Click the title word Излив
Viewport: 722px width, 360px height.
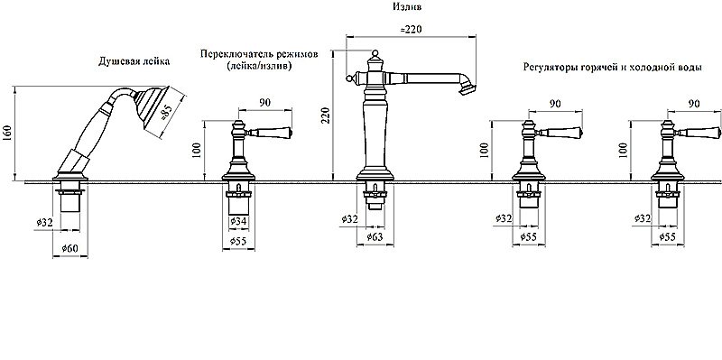[x=407, y=6]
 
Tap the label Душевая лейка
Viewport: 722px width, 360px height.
[x=134, y=61]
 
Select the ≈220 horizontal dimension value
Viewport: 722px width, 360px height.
[x=411, y=29]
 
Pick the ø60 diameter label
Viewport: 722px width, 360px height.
[x=69, y=249]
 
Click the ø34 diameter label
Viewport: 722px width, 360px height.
[x=238, y=221]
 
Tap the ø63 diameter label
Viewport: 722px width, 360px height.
[x=375, y=237]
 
